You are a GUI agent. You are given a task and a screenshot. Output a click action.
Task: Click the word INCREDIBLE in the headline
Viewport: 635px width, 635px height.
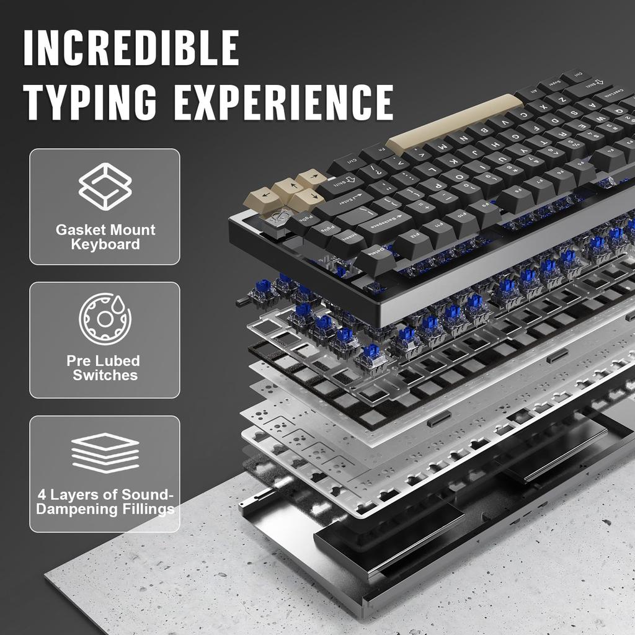click(131, 48)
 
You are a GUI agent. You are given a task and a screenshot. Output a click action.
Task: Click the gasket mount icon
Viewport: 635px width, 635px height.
click(105, 184)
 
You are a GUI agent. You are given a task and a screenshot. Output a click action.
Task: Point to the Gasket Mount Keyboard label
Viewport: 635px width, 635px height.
click(105, 237)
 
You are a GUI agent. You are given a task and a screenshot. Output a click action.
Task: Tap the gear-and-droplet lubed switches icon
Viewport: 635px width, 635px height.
click(105, 319)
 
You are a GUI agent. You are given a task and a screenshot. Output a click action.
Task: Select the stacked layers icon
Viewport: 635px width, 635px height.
click(105, 452)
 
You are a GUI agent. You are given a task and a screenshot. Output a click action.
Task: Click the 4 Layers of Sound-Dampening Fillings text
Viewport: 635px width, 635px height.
click(105, 502)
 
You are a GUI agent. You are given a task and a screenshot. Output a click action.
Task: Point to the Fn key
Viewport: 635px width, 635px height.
click(377, 149)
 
